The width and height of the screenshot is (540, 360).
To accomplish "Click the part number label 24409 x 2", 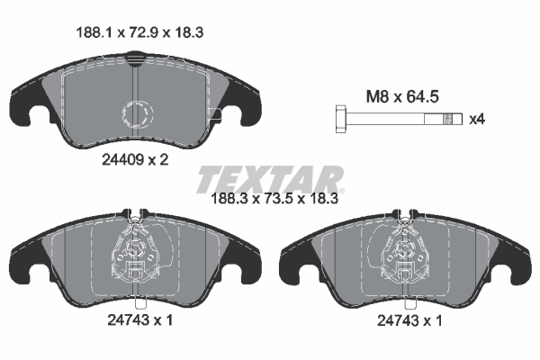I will (135, 158).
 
